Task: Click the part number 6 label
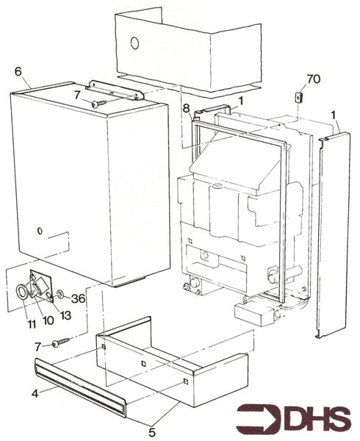pyautogui.click(x=18, y=71)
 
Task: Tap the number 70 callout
pyautogui.click(x=314, y=79)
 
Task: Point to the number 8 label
pyautogui.click(x=187, y=108)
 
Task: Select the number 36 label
pyautogui.click(x=78, y=298)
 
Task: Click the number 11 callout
pyautogui.click(x=32, y=324)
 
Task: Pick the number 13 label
pyautogui.click(x=65, y=315)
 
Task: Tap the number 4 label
pyautogui.click(x=35, y=393)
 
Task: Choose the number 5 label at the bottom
pyautogui.click(x=152, y=432)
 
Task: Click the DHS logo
pyautogui.click(x=294, y=420)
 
